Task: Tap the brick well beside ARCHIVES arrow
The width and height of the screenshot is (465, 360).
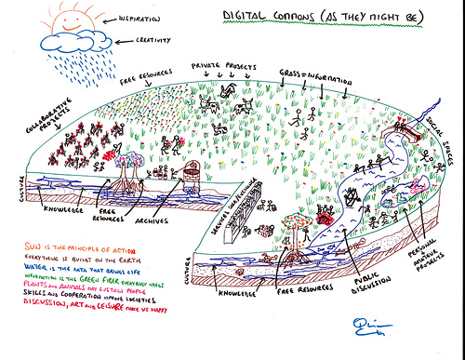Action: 191,171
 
